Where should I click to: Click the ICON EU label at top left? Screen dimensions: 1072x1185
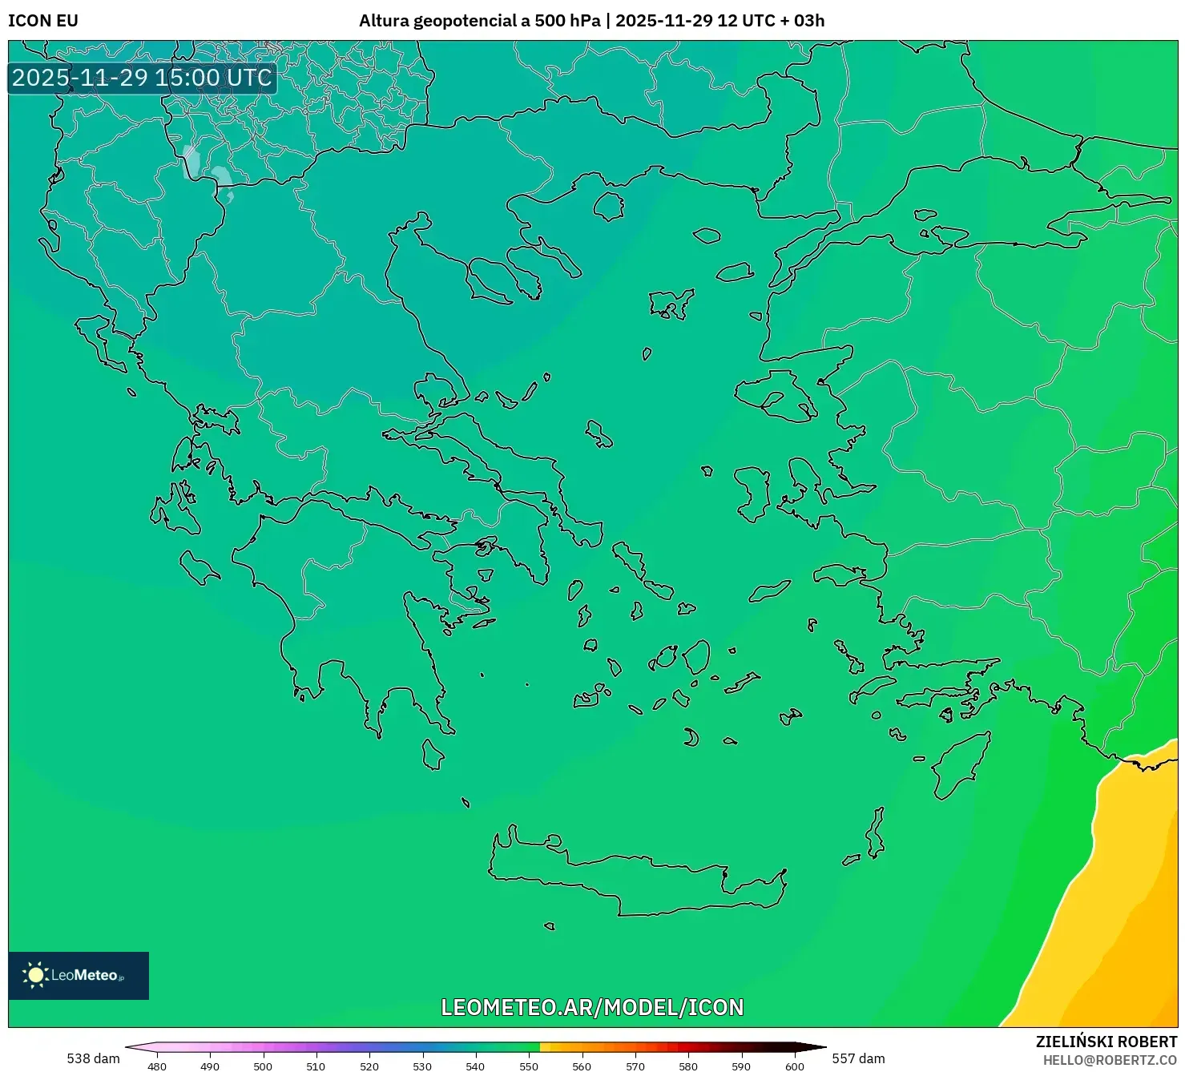(x=43, y=21)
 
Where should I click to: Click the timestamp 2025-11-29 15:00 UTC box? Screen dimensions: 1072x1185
(x=142, y=78)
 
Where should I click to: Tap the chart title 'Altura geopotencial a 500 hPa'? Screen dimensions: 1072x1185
(x=479, y=21)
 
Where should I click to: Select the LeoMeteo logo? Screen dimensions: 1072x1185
(x=79, y=975)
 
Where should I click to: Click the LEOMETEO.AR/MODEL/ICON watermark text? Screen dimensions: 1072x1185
(x=592, y=1007)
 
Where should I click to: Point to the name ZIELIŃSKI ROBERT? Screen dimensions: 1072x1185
(x=1106, y=1042)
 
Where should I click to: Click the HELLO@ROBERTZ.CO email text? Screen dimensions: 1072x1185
(x=1110, y=1060)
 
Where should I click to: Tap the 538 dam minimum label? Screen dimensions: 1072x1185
(x=93, y=1058)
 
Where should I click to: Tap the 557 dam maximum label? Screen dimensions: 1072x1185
(x=858, y=1058)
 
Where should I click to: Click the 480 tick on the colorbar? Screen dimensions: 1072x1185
(x=157, y=1066)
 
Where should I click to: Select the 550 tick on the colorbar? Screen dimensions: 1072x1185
(x=529, y=1066)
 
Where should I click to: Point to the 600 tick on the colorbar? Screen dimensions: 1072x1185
(x=794, y=1066)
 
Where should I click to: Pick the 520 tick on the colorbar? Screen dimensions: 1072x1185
(x=369, y=1066)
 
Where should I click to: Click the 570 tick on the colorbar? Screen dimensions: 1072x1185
(x=635, y=1066)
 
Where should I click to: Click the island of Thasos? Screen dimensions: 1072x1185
(x=609, y=207)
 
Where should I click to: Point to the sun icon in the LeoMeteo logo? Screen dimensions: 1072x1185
(x=35, y=975)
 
